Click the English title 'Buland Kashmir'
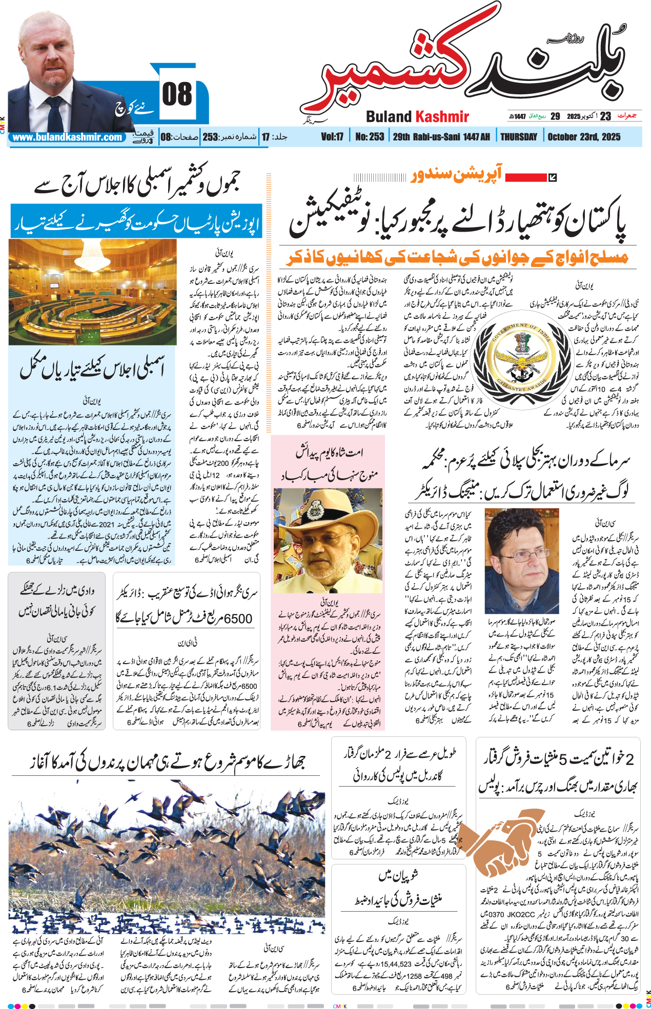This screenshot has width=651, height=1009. (x=417, y=117)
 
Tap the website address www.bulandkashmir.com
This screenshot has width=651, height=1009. (x=67, y=137)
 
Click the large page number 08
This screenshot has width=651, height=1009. (x=177, y=95)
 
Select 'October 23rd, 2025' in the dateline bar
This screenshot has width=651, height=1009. (x=584, y=137)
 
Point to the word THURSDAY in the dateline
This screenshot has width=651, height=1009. (x=518, y=137)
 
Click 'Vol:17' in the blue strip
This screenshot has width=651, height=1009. (x=332, y=137)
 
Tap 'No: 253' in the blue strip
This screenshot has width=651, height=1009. (x=370, y=137)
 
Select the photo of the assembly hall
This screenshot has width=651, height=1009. (x=93, y=292)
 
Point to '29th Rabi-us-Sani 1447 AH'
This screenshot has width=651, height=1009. (x=441, y=137)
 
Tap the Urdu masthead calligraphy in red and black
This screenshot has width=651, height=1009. (x=472, y=72)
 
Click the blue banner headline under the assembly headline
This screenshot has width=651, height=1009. (x=136, y=221)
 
